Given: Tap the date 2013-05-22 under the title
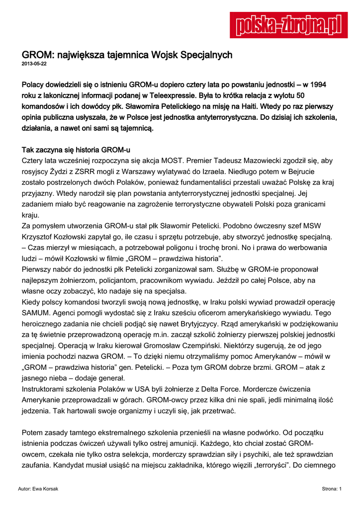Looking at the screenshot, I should click(x=34, y=64).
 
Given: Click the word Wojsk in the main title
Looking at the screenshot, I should click(x=166, y=54).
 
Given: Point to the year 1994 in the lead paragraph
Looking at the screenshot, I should click(x=316, y=85).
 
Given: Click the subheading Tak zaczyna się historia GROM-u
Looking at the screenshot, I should click(x=76, y=150).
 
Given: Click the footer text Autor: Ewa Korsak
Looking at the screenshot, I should click(x=38, y=489).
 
